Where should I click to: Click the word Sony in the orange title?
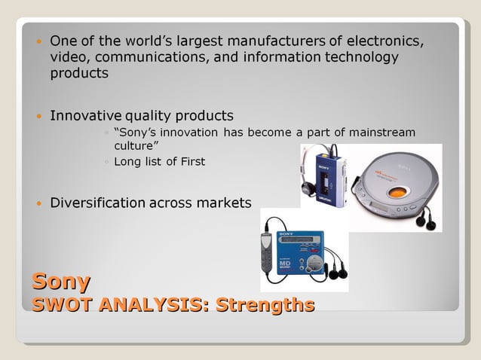[60, 282]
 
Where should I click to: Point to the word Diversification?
[97, 203]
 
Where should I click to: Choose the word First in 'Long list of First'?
[189, 161]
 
